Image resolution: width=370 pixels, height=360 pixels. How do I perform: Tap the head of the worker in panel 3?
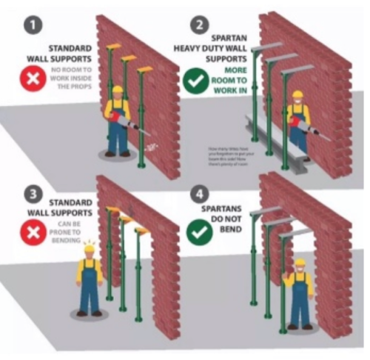coord(90,254)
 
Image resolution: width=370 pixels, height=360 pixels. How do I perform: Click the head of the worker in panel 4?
coord(300,264)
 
